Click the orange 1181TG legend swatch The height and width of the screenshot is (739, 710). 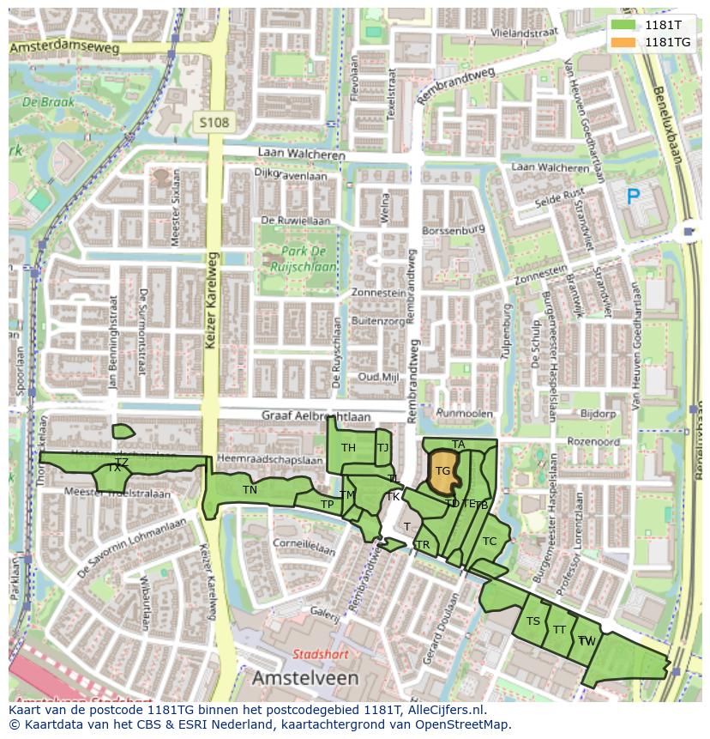[x=623, y=42]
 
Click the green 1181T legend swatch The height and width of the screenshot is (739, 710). [x=623, y=26]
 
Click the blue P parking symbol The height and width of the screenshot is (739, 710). [x=633, y=197]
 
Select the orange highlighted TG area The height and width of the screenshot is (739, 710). [x=442, y=471]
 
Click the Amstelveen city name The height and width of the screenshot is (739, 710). [x=304, y=678]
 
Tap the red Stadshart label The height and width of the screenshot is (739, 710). [x=320, y=654]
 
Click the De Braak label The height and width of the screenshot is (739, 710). [x=48, y=101]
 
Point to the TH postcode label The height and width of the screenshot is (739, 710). [x=348, y=448]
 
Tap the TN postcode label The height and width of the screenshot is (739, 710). [x=250, y=490]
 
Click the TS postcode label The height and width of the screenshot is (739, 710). [x=533, y=621]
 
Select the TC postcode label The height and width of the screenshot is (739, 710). [x=490, y=542]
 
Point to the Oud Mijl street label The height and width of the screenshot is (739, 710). [x=378, y=377]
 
